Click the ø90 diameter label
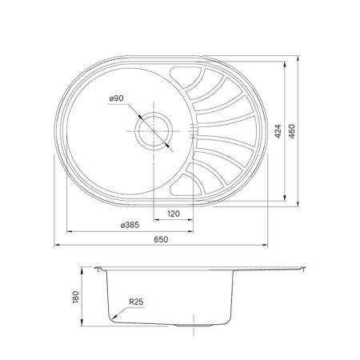coord(117,98)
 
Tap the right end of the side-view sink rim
coord(306,270)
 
